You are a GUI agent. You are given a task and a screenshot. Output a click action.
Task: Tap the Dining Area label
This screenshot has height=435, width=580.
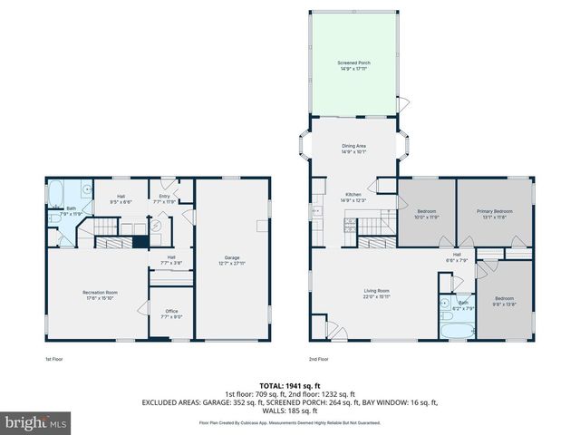354,148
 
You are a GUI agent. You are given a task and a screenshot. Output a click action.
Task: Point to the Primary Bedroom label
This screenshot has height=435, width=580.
495,214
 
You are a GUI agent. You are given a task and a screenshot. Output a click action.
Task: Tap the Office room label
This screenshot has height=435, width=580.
170,314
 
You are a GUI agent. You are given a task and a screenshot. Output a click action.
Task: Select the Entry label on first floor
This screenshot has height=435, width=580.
164,198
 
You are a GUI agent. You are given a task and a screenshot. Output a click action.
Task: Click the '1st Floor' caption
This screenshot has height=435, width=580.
54,360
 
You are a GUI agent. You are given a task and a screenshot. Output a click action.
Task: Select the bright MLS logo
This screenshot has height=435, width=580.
36,422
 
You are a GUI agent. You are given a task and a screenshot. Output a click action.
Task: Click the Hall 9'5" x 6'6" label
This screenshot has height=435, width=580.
121,198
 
